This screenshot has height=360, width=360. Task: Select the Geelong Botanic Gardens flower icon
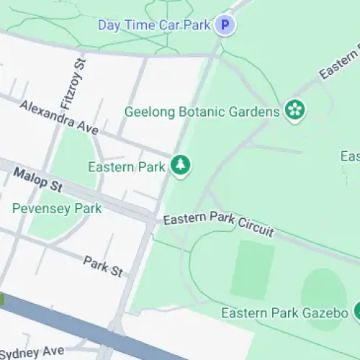point(294,111)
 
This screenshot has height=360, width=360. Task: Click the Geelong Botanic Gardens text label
point(202,112)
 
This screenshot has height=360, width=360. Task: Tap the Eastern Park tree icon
point(180,166)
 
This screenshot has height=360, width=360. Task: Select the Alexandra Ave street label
point(59,116)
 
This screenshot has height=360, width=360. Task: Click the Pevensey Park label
point(57,209)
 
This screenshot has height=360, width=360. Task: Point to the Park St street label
point(103,266)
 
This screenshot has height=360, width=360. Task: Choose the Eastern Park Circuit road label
point(218,224)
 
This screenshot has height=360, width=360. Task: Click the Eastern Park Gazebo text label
point(285,313)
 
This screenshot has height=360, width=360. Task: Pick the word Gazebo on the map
point(328,313)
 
